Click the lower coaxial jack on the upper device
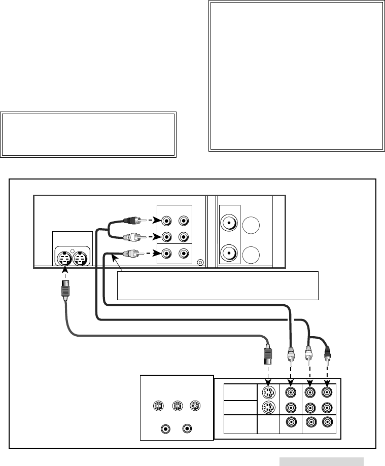[229, 252]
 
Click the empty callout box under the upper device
[218, 285]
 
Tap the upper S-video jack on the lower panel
[269, 392]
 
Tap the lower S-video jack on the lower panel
[269, 407]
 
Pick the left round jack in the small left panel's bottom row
[166, 428]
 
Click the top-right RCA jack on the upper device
[184, 221]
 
